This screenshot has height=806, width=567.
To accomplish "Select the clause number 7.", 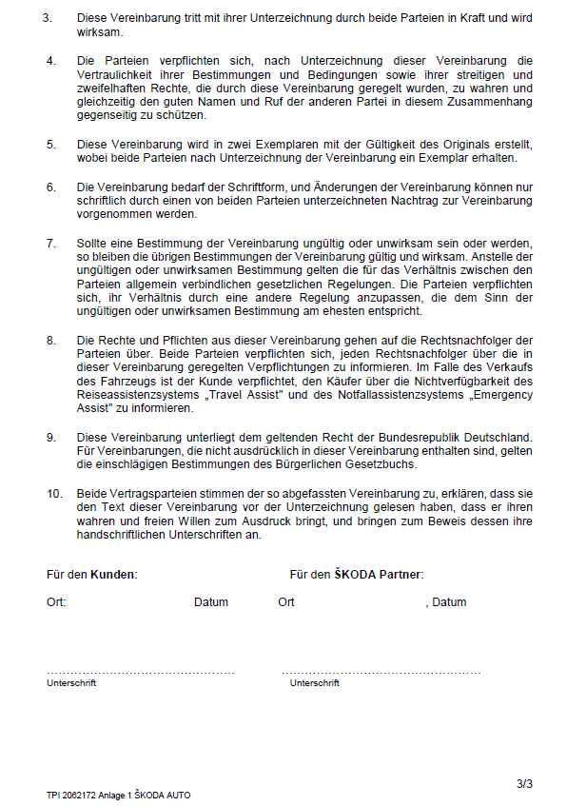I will click(50, 244).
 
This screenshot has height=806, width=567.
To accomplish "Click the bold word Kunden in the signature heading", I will click(113, 575).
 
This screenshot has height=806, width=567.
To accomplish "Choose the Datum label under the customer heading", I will click(211, 602).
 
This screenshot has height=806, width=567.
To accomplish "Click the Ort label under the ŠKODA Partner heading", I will click(286, 602).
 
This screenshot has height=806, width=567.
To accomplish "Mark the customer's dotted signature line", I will click(140, 672).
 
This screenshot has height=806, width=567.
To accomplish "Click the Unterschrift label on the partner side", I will click(314, 683).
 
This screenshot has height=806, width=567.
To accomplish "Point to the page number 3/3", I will click(524, 784).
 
